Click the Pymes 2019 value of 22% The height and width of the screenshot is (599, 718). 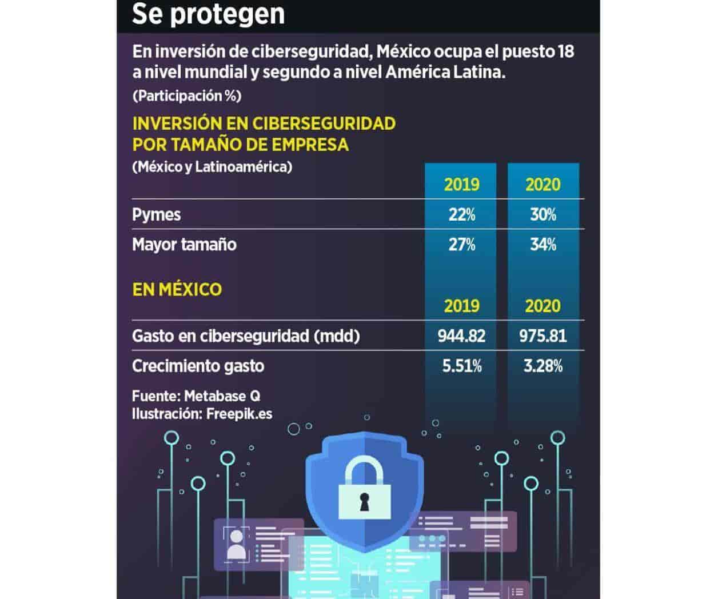(x=461, y=215)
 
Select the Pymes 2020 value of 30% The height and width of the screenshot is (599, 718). (x=543, y=215)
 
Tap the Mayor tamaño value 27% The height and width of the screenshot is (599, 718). (x=461, y=245)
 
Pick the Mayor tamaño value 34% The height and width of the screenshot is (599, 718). (x=543, y=245)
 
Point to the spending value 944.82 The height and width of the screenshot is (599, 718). (x=461, y=336)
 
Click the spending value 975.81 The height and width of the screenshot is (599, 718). (x=543, y=336)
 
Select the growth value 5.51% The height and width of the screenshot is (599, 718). (x=461, y=366)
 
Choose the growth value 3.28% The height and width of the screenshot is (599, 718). (x=543, y=366)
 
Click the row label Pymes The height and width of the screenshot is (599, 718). (x=156, y=215)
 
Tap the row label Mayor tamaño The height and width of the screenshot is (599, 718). (x=184, y=245)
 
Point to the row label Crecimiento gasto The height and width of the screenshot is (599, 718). (x=198, y=366)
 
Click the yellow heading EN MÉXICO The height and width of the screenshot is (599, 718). (x=177, y=289)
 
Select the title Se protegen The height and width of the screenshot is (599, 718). (x=208, y=14)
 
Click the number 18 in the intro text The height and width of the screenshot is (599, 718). (x=566, y=51)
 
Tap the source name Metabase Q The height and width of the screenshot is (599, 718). (x=222, y=396)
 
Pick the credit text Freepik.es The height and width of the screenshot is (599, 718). (x=239, y=413)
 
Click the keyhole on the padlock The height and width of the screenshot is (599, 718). (x=362, y=501)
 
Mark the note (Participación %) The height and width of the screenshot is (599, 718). (x=186, y=95)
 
